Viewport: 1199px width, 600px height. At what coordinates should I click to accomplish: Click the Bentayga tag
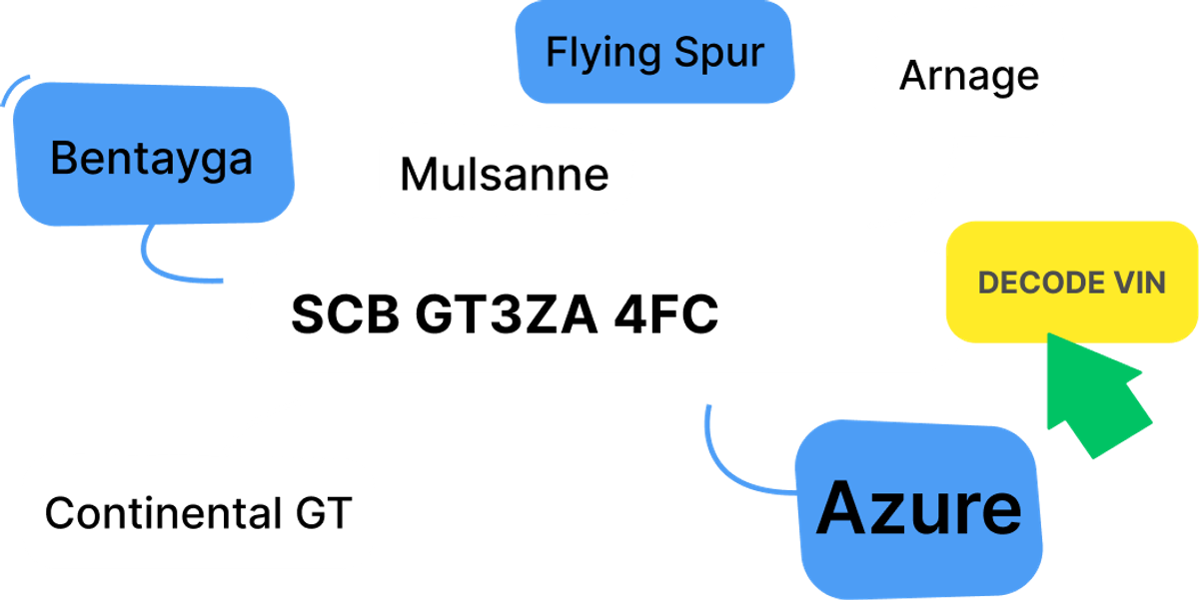(152, 158)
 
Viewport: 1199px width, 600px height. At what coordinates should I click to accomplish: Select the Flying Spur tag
(655, 52)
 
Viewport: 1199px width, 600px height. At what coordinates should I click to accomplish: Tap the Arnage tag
(968, 76)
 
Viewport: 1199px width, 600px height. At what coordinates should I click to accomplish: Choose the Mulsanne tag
(505, 175)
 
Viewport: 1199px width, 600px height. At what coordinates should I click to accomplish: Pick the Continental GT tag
(198, 513)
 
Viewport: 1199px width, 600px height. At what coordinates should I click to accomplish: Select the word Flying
(594, 52)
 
